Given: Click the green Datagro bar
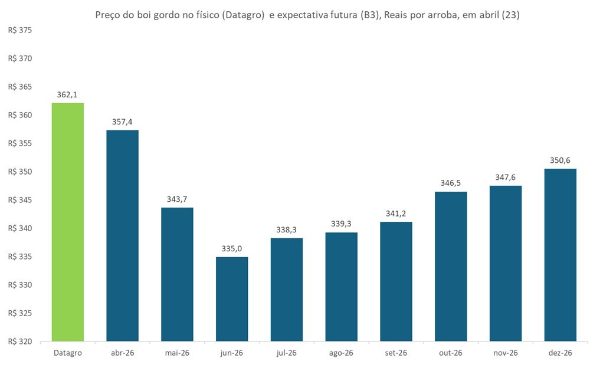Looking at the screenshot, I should pyautogui.click(x=67, y=222).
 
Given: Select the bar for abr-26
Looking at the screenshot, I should pyautogui.click(x=122, y=236).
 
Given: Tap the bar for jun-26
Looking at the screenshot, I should pyautogui.click(x=231, y=299).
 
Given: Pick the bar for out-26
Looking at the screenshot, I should pyautogui.click(x=450, y=267).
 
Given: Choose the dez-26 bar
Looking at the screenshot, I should pyautogui.click(x=560, y=255).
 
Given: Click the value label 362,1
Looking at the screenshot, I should pyautogui.click(x=67, y=94).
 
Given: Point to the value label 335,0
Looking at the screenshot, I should pyautogui.click(x=231, y=248).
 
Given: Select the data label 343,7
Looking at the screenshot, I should pyautogui.click(x=177, y=199).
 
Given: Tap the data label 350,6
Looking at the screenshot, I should pyautogui.click(x=560, y=160).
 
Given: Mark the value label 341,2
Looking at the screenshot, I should pyautogui.click(x=395, y=213).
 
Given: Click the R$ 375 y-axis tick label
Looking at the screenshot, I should pyautogui.click(x=20, y=31).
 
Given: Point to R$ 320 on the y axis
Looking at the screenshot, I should pyautogui.click(x=20, y=342).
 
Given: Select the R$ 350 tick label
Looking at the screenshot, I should pyautogui.click(x=20, y=172).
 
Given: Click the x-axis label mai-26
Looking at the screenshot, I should pyautogui.click(x=177, y=353).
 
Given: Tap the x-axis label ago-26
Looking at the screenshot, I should pyautogui.click(x=341, y=353).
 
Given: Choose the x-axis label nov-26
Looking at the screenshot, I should pyautogui.click(x=505, y=353).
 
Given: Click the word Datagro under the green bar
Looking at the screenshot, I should pyautogui.click(x=67, y=353).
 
